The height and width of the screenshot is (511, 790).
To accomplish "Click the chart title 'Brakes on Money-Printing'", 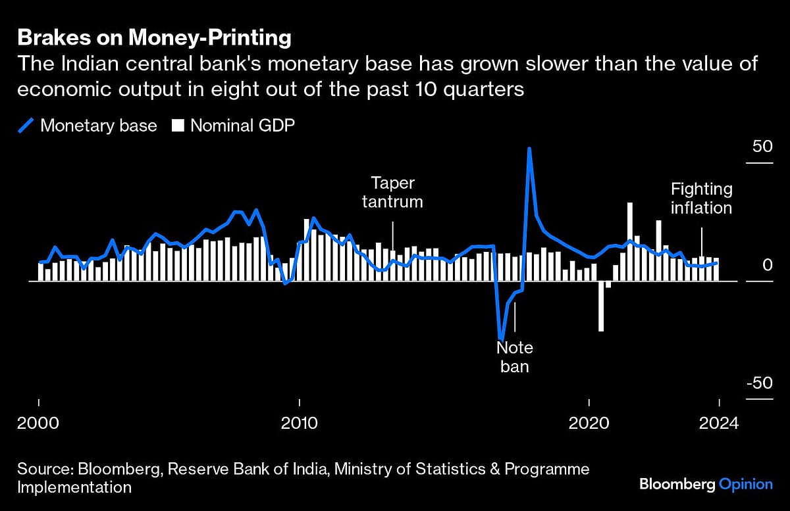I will [154, 38].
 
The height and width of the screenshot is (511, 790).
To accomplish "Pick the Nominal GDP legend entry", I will [233, 126].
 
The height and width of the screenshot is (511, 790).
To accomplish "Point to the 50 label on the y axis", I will [762, 146].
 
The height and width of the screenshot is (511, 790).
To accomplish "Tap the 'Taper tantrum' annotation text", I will [392, 191].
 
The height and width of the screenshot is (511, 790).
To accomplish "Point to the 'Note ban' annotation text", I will [515, 356].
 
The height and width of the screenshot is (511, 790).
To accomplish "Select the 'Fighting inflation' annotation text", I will [701, 199].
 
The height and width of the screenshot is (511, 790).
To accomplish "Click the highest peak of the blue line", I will [529, 149].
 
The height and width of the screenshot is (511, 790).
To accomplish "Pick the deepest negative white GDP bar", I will [601, 306].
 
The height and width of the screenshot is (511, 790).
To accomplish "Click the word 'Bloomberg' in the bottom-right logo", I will [676, 484].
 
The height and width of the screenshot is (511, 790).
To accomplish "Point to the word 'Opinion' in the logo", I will [745, 484].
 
